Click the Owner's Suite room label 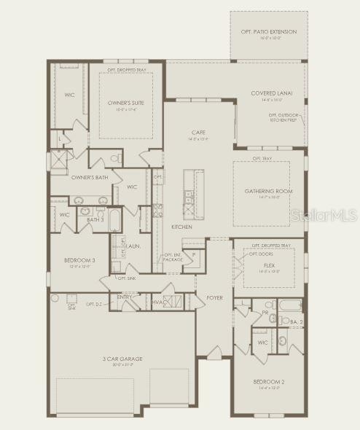point(126,103)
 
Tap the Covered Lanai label point(272,93)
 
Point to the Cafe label point(198,131)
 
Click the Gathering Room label point(269,191)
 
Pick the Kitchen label point(181,227)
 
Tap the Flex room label point(269,266)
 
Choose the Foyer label point(214,297)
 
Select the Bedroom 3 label point(79,260)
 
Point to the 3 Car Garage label point(122,359)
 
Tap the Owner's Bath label point(90,177)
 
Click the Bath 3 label point(95,219)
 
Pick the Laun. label point(133,246)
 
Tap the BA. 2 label point(297,321)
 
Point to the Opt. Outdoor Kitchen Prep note point(285,117)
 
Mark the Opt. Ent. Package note point(173,257)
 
